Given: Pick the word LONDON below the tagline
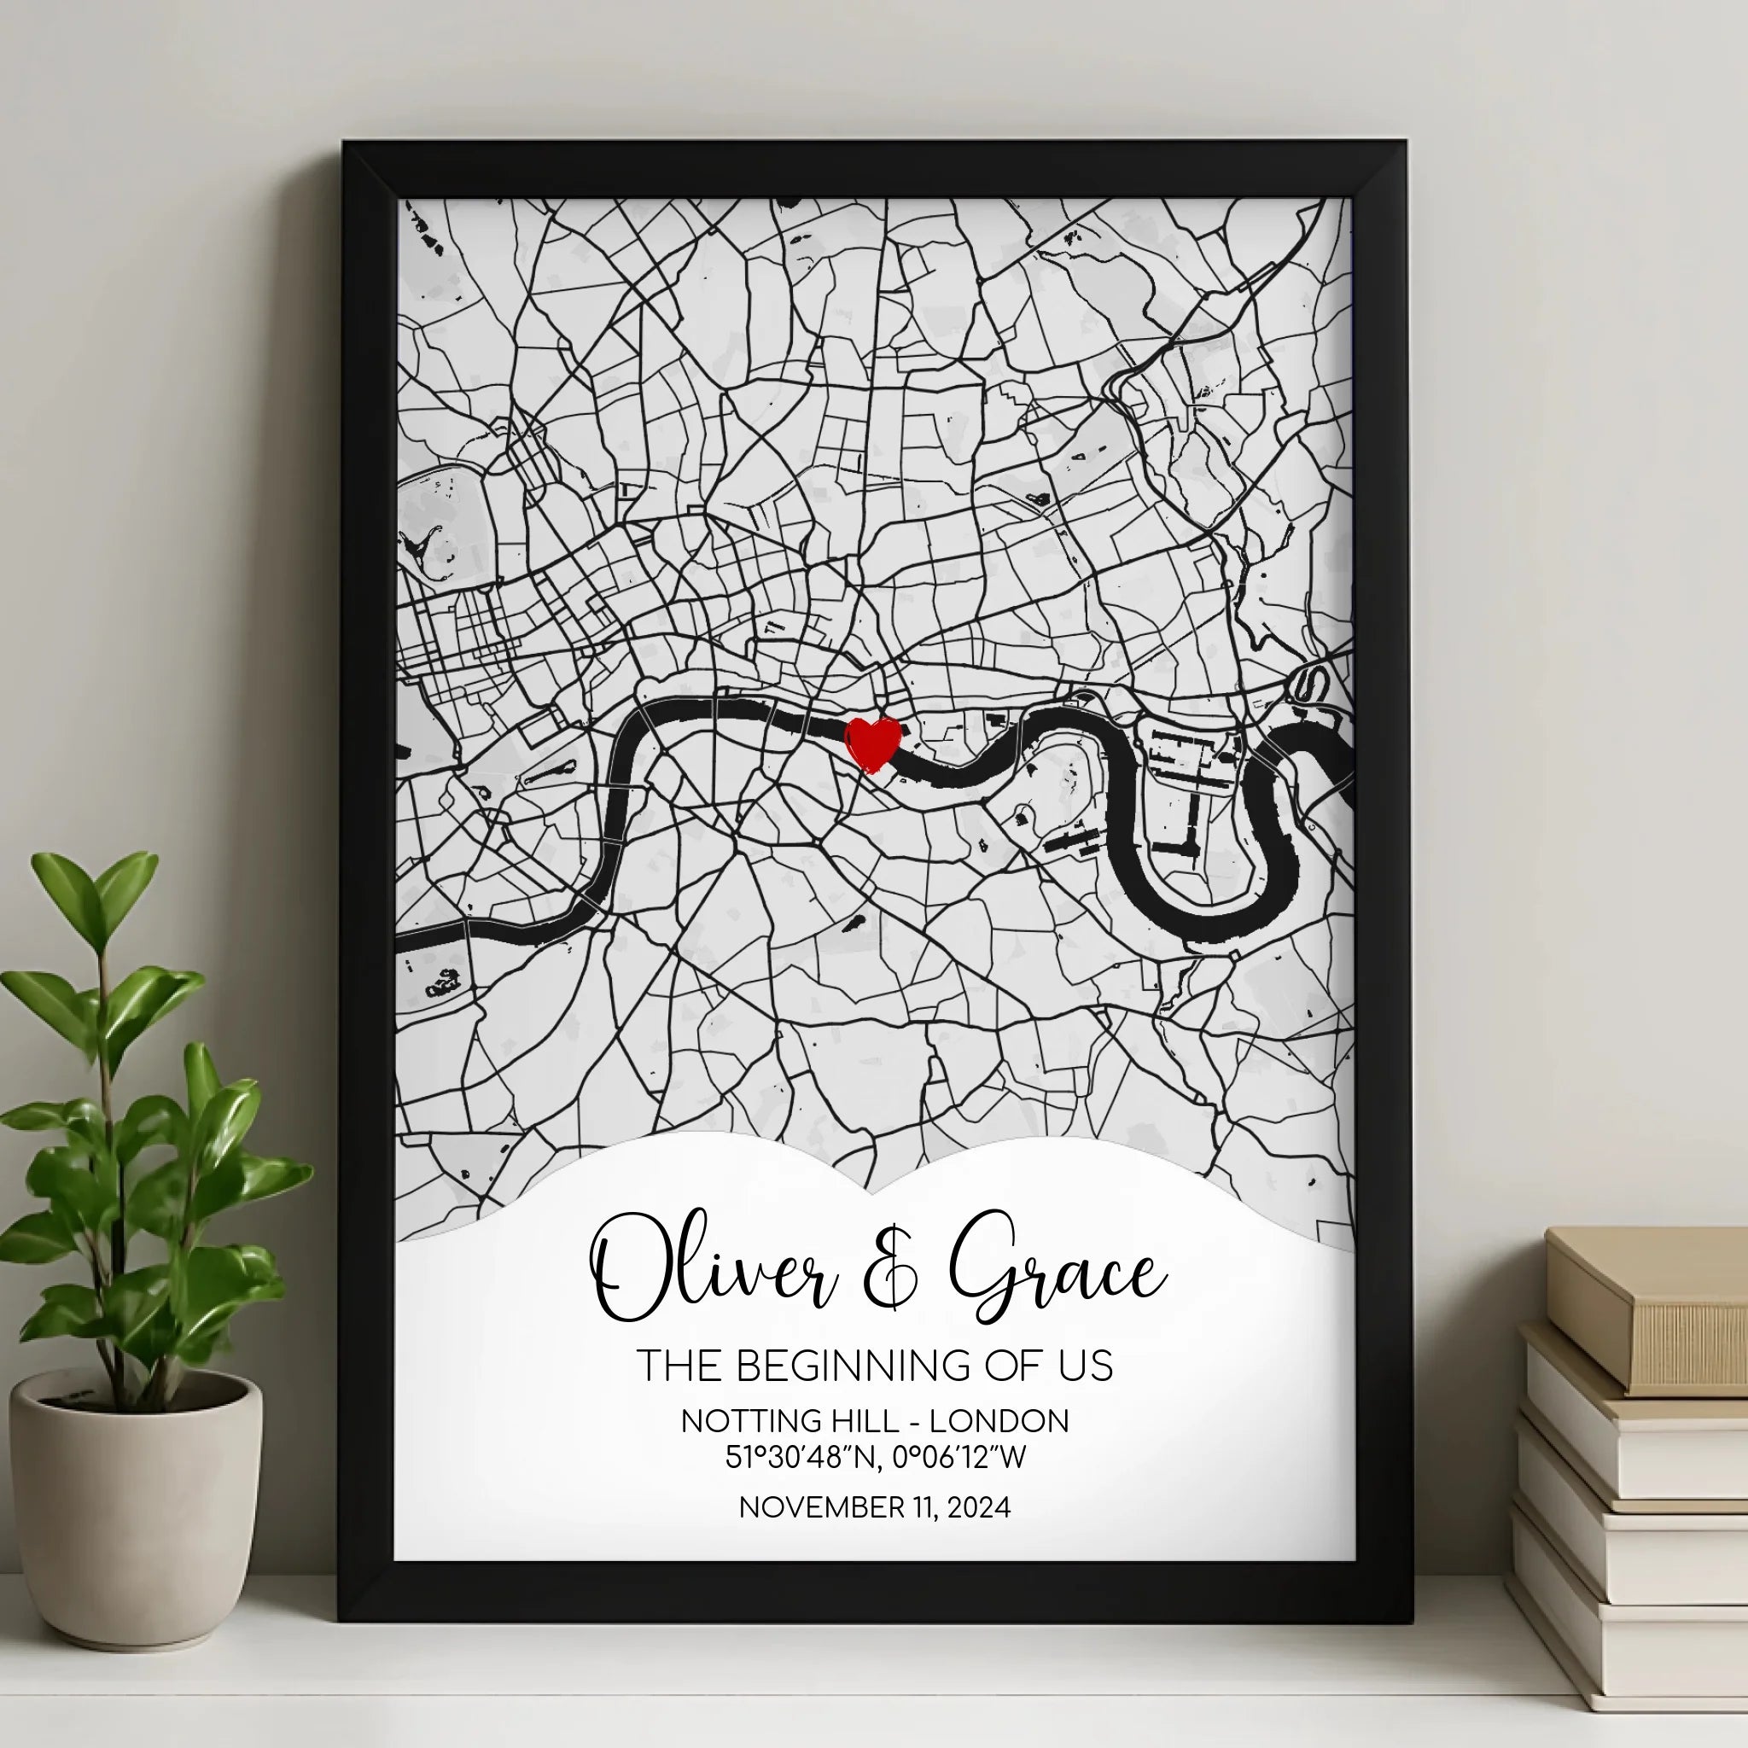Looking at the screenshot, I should click(x=999, y=1421).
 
